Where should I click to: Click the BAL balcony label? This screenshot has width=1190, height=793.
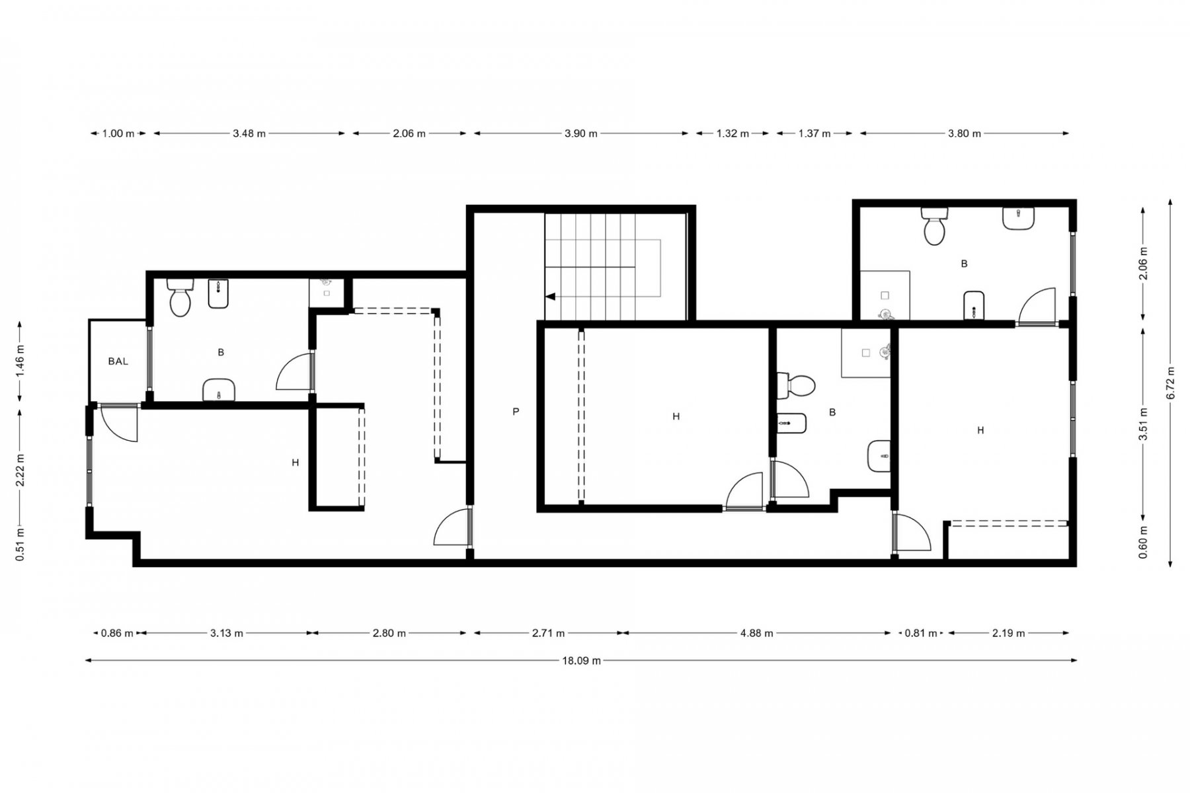(x=118, y=361)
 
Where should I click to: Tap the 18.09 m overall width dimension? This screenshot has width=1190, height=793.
(x=581, y=660)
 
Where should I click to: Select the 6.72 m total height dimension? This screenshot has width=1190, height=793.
(x=1171, y=383)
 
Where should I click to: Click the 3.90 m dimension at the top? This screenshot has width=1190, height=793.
(x=581, y=133)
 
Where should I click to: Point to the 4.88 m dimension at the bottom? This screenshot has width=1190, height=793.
(x=757, y=633)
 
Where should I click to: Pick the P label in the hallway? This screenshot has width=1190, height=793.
(x=516, y=412)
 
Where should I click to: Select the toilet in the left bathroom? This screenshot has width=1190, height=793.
(x=180, y=297)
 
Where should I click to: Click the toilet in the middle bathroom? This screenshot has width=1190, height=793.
(x=796, y=386)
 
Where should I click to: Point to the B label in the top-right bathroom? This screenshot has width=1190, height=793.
(x=964, y=264)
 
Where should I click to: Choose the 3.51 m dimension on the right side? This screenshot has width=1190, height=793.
(x=1144, y=424)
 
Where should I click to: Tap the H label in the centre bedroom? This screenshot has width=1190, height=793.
(x=676, y=417)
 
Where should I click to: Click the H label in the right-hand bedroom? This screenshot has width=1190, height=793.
(x=980, y=430)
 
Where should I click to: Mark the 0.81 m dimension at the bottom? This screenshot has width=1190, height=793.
(x=921, y=633)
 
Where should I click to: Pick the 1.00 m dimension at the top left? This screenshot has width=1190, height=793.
(x=118, y=133)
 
